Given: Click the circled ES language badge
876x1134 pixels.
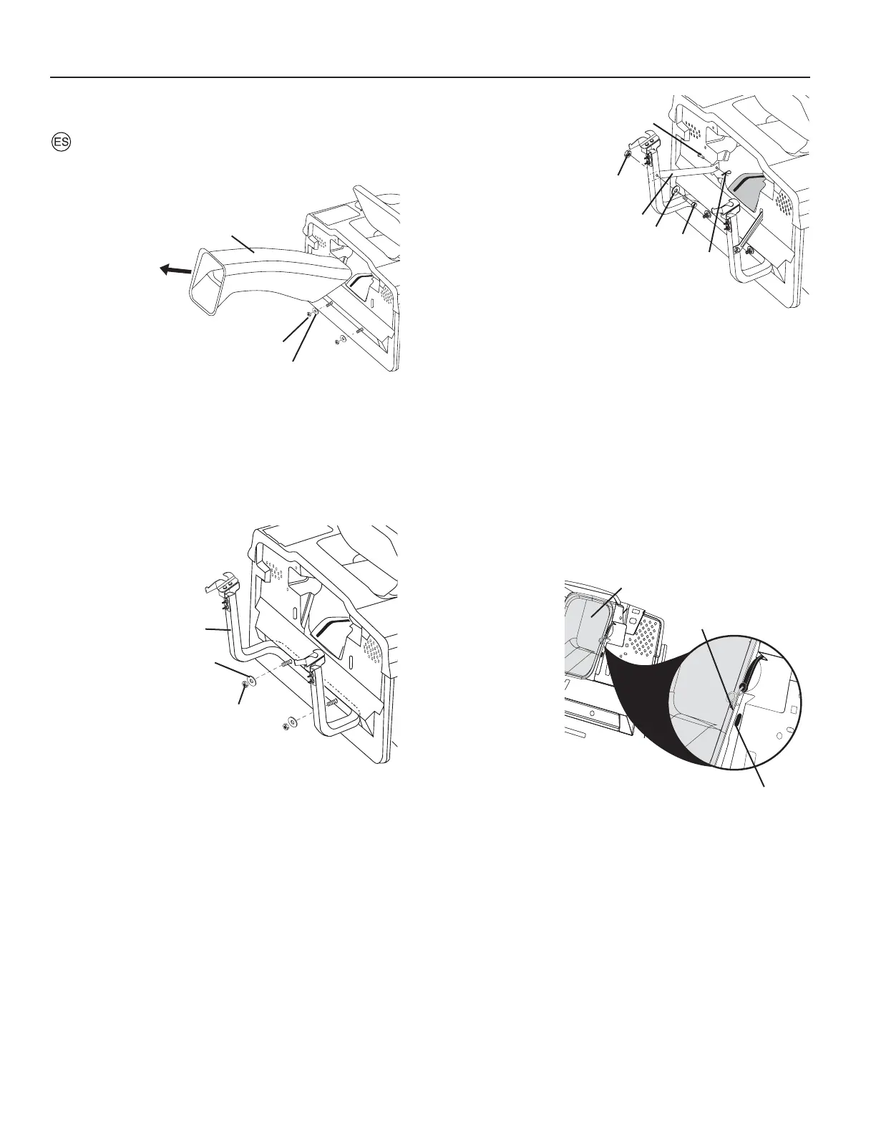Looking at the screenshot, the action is tap(62, 142).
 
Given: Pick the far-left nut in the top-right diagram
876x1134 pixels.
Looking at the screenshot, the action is tap(628, 155).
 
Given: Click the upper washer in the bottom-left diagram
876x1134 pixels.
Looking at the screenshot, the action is tap(252, 678).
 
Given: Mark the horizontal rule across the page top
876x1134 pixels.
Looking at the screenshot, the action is tap(429, 77).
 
